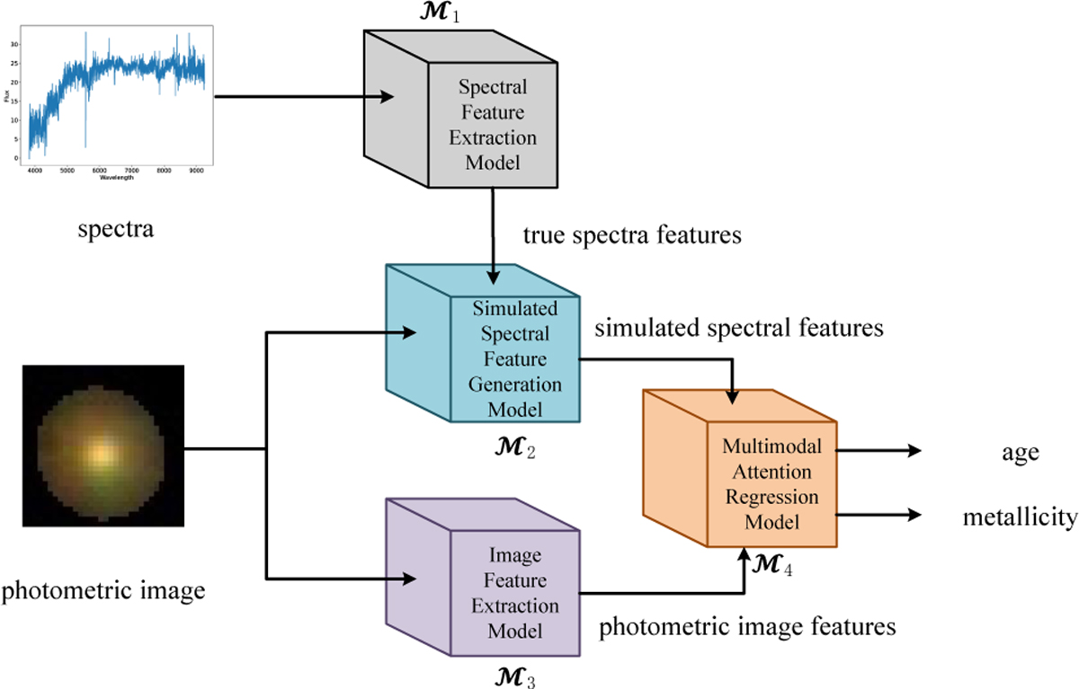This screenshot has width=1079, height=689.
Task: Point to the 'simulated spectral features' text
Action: (739, 328)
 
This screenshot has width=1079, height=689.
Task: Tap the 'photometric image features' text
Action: (748, 625)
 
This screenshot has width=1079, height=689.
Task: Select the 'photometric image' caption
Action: (104, 590)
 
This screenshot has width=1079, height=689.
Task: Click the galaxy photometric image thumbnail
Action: (103, 446)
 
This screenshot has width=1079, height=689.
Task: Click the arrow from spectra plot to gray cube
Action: (306, 96)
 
